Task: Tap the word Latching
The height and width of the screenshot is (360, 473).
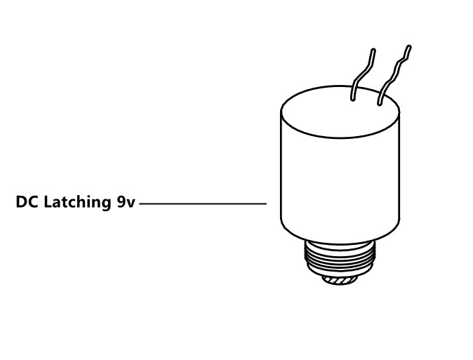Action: (77, 203)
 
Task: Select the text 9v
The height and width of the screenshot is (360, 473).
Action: (126, 202)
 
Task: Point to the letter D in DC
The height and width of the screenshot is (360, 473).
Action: (21, 201)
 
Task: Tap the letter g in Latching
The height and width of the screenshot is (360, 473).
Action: (106, 204)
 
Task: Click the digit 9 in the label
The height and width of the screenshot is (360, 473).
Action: (121, 201)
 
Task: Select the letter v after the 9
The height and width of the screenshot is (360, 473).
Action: (131, 204)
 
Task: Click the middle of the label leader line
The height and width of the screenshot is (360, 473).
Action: (203, 204)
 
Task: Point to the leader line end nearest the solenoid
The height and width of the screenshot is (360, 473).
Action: (267, 204)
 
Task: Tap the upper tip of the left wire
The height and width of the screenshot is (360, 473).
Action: (374, 50)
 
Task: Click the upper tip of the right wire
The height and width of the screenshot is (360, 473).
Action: (409, 47)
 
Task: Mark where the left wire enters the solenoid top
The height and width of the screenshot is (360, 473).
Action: (352, 99)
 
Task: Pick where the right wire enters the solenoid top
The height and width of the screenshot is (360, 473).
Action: (380, 103)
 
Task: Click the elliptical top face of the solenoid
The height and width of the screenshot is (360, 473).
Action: (340, 112)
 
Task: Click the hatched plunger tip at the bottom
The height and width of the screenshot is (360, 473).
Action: (340, 280)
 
